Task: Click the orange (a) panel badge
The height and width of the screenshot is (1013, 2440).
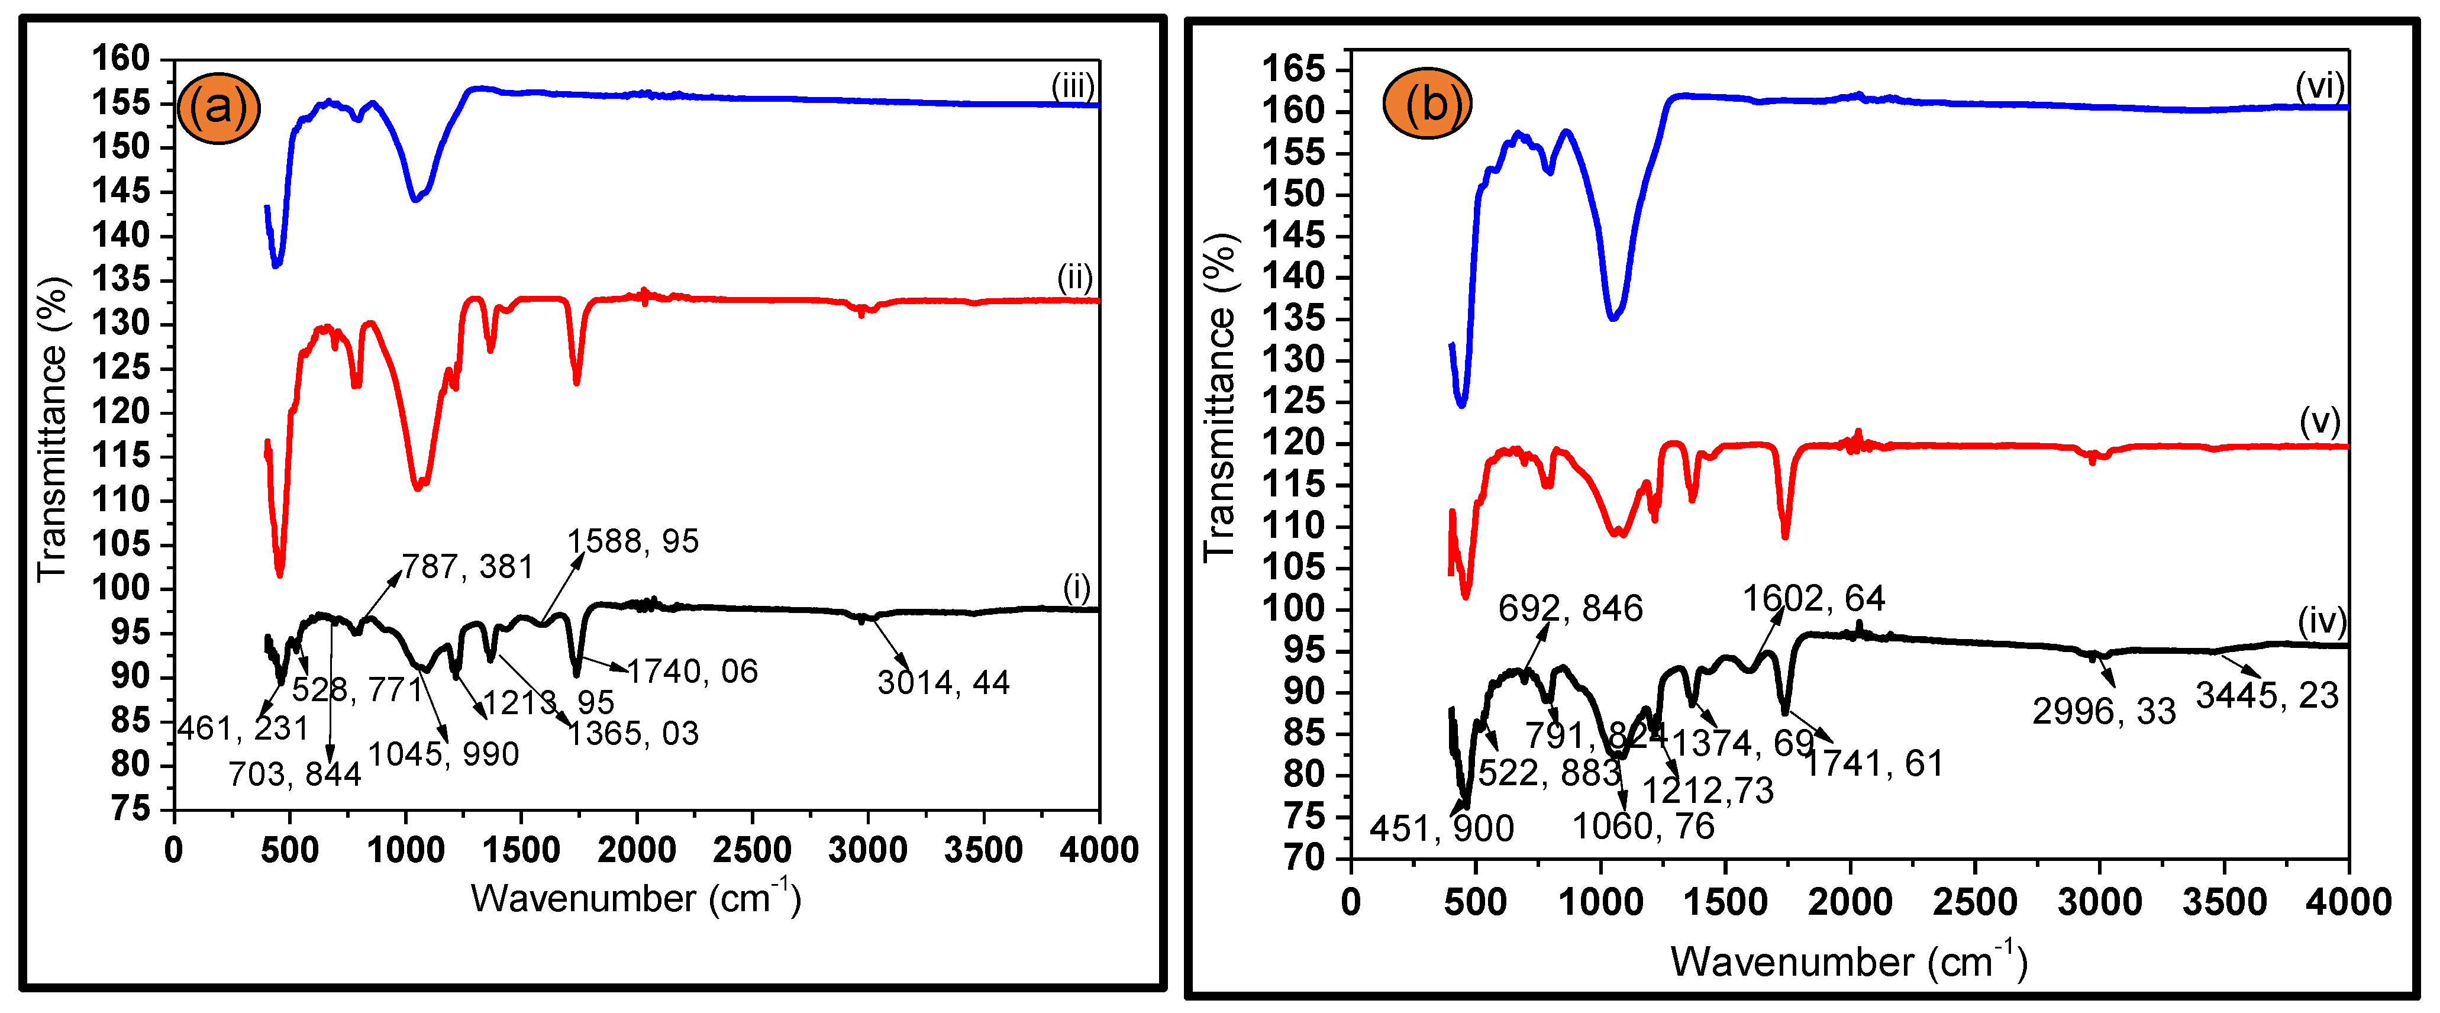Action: [x=219, y=107]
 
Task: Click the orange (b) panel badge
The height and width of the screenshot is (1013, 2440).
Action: [x=1428, y=104]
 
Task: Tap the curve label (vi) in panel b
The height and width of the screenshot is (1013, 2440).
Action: [x=2320, y=86]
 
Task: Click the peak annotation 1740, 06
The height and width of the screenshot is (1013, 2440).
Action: [x=692, y=671]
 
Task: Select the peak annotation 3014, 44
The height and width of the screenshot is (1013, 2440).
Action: [x=944, y=682]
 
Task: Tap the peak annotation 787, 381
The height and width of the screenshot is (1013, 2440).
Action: [x=468, y=567]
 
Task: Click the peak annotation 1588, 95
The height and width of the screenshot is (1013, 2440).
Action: [x=632, y=541]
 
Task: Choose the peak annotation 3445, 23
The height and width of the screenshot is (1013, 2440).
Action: [x=2267, y=695]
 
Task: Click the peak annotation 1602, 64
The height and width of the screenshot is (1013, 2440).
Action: [x=1814, y=598]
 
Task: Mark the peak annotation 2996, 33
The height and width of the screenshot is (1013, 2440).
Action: [x=2104, y=711]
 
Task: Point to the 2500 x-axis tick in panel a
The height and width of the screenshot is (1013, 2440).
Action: [x=752, y=850]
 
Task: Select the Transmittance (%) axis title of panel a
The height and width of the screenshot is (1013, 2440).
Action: [x=53, y=429]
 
